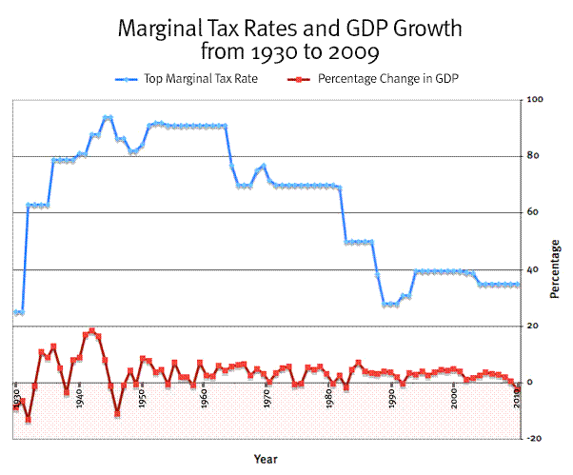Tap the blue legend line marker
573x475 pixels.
click(x=128, y=78)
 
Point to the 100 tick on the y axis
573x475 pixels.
click(x=535, y=100)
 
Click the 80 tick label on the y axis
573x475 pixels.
click(x=533, y=156)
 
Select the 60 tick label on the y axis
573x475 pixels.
click(x=533, y=213)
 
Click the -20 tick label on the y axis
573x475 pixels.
click(x=534, y=439)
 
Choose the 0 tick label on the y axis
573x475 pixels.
click(x=530, y=383)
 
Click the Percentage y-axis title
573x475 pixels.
click(x=555, y=269)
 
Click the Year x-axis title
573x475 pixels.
click(x=266, y=459)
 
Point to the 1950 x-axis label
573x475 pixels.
click(x=143, y=397)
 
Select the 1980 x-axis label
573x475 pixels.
click(x=329, y=397)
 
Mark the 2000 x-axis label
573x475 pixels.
click(x=454, y=397)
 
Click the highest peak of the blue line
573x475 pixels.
click(x=108, y=117)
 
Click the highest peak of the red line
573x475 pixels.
click(x=92, y=330)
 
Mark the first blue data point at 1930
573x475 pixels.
click(x=17, y=312)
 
